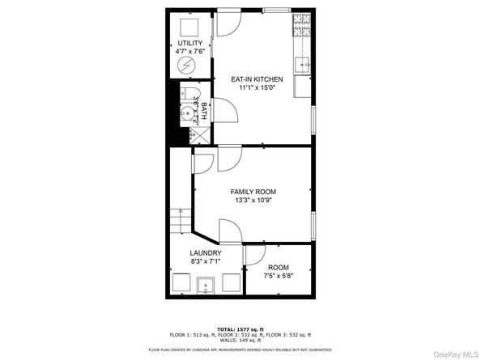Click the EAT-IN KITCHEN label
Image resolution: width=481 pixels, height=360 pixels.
coord(257,78)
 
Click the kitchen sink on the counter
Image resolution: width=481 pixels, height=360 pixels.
coord(304,62)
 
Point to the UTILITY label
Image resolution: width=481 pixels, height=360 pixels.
coord(190,43)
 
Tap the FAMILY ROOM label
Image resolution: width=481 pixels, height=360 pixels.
coord(253,192)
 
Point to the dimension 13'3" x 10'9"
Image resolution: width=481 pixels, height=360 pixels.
coord(253,201)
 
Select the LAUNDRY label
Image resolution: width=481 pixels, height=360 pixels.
coord(206,253)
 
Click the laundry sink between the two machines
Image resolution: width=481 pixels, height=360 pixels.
coord(206,285)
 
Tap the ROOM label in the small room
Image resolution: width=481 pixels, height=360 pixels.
coord(278,268)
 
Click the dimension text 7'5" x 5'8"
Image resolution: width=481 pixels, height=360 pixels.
coord(278,277)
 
